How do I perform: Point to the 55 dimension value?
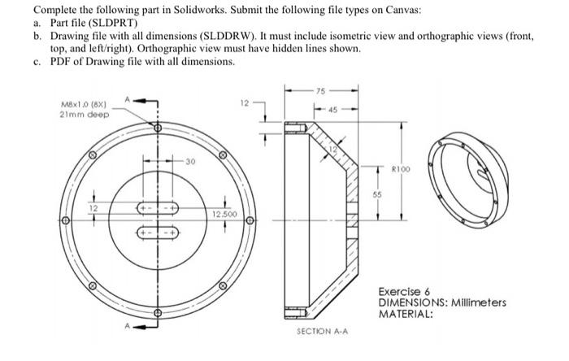(376, 196)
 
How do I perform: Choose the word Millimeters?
(476, 302)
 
